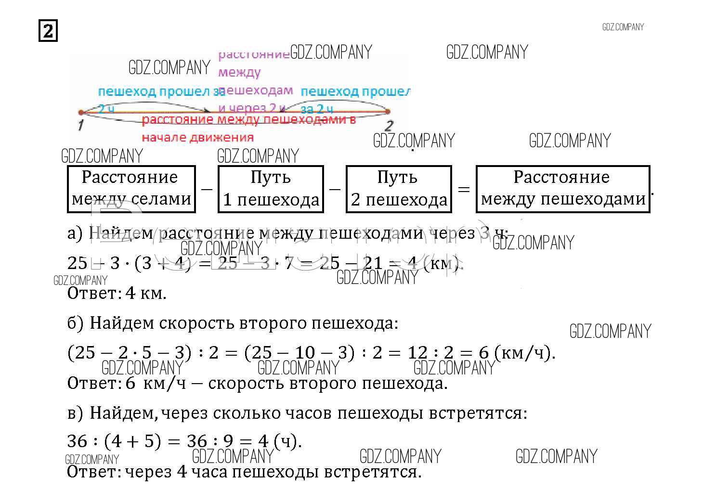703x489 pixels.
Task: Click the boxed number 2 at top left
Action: tap(48, 32)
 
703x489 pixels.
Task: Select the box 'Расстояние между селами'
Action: tap(131, 189)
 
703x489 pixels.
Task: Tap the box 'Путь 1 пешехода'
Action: tap(271, 189)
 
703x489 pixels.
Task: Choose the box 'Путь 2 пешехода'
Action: tap(399, 189)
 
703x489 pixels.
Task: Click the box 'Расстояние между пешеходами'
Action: tap(562, 189)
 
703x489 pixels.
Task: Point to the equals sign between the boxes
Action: tap(463, 189)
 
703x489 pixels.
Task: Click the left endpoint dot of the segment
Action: tap(81, 113)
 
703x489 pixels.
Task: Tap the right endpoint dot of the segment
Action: tap(388, 112)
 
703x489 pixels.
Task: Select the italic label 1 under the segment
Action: tap(80, 126)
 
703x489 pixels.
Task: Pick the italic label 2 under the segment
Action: tap(389, 126)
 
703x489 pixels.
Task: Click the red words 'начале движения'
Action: tap(197, 138)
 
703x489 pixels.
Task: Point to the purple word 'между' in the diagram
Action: tap(239, 73)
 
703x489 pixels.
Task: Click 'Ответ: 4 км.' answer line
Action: tap(117, 293)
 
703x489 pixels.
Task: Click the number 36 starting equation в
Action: tap(77, 441)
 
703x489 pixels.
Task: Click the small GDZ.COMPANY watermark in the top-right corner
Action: tap(623, 27)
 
